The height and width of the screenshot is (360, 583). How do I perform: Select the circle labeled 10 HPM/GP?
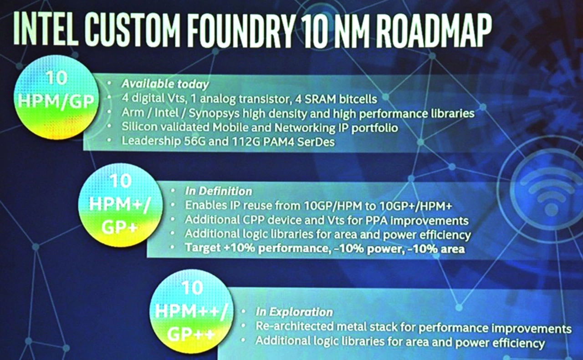coord(56,97)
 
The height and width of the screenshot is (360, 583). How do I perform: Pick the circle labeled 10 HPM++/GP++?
coord(192,311)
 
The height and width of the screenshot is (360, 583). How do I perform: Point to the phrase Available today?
coord(165,84)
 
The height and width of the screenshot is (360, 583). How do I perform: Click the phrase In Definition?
coord(219,191)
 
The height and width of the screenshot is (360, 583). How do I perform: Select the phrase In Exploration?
coord(294,312)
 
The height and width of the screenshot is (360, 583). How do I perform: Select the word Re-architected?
coord(295,326)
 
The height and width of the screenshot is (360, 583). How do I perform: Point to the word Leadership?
coord(151,141)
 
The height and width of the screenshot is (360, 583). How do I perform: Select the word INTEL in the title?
coord(46,28)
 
